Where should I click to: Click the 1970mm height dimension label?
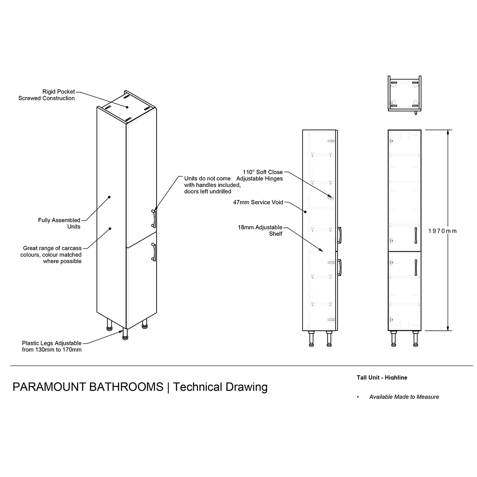coord(442,231)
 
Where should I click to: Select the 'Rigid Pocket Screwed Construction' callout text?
coord(47,95)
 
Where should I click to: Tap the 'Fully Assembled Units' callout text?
coord(59,223)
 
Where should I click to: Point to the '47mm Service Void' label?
coord(258,202)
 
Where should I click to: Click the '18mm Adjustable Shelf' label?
coord(260,231)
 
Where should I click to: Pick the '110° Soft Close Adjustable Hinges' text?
coord(260,175)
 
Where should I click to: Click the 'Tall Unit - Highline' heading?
coord(382,378)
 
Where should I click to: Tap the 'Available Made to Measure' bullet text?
coord(404,397)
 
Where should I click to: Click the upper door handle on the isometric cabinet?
coord(154,219)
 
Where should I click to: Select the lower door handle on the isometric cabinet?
coord(154,252)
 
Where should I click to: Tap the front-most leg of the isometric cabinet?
coord(125,334)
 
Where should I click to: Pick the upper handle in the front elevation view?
coord(416,235)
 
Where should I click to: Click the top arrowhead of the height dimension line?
coord(448,132)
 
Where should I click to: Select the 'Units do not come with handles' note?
coord(212,185)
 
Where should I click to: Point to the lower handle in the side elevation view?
coord(339,268)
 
